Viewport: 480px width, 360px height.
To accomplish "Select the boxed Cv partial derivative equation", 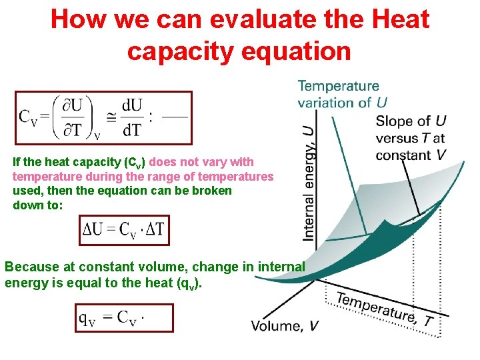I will [x=103, y=118].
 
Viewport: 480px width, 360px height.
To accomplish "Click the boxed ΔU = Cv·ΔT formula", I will [x=125, y=231].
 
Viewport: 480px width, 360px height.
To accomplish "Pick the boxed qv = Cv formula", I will [x=125, y=318].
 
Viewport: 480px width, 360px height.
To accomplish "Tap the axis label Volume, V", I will [x=285, y=326].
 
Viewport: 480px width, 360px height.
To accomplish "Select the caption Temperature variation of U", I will [x=342, y=94].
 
